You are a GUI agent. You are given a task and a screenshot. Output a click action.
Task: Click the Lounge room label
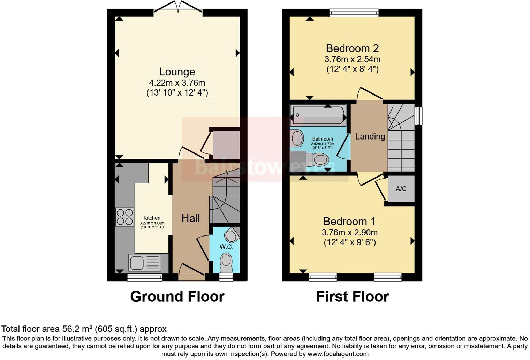(x=177, y=72)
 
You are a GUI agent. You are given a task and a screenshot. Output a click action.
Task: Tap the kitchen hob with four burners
(x=124, y=217)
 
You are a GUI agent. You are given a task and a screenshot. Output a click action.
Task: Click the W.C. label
(x=226, y=247)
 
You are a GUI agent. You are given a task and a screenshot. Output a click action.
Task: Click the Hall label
(x=191, y=218)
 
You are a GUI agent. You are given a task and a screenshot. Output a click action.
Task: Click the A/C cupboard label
(x=401, y=189)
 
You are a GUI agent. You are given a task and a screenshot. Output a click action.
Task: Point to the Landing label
(x=370, y=136)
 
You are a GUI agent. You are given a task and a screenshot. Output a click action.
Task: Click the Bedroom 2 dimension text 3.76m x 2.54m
(x=352, y=59)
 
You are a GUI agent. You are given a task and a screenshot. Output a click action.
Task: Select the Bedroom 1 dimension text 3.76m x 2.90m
(x=349, y=232)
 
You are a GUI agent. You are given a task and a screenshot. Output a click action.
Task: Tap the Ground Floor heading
(x=177, y=297)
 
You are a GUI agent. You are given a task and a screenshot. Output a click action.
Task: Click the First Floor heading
(x=352, y=297)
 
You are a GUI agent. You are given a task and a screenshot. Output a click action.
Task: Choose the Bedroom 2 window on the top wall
(x=354, y=13)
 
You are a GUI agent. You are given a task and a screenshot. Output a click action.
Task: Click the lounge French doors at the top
(x=178, y=10)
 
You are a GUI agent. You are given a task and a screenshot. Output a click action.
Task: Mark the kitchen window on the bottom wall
(x=145, y=277)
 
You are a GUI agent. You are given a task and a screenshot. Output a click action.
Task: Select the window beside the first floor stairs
(x=418, y=116)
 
